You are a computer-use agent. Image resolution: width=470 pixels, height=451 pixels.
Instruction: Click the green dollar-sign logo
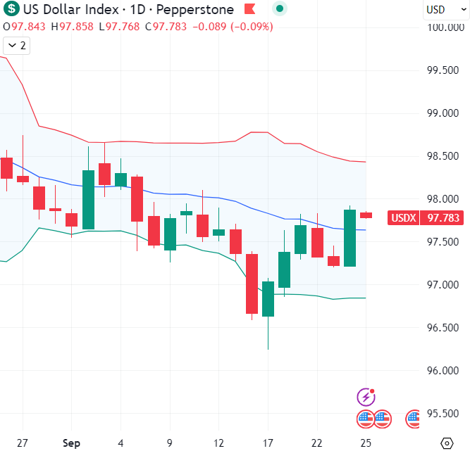click(x=11, y=10)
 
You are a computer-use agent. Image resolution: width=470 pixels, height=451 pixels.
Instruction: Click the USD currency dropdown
click(x=440, y=10)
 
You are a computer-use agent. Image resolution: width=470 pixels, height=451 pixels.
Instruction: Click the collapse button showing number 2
click(x=16, y=46)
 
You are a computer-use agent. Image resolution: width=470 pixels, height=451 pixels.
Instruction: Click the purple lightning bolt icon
click(x=365, y=396)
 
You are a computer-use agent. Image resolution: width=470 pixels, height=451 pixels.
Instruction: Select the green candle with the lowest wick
click(x=268, y=299)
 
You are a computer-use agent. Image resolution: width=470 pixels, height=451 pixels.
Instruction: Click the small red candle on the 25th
click(x=366, y=215)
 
